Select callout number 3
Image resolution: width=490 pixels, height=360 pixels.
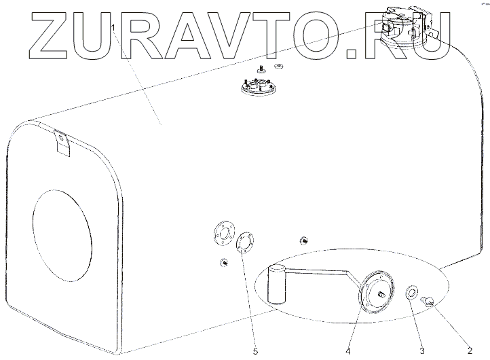[x=421, y=350]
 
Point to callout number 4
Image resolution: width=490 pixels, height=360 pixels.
[x=348, y=350]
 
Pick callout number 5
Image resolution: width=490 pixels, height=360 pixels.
[x=256, y=350]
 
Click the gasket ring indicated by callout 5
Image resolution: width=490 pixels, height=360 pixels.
[x=245, y=242]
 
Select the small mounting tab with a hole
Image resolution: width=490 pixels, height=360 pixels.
[x=62, y=141]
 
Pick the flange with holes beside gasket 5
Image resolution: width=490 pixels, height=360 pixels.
[x=221, y=232]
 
